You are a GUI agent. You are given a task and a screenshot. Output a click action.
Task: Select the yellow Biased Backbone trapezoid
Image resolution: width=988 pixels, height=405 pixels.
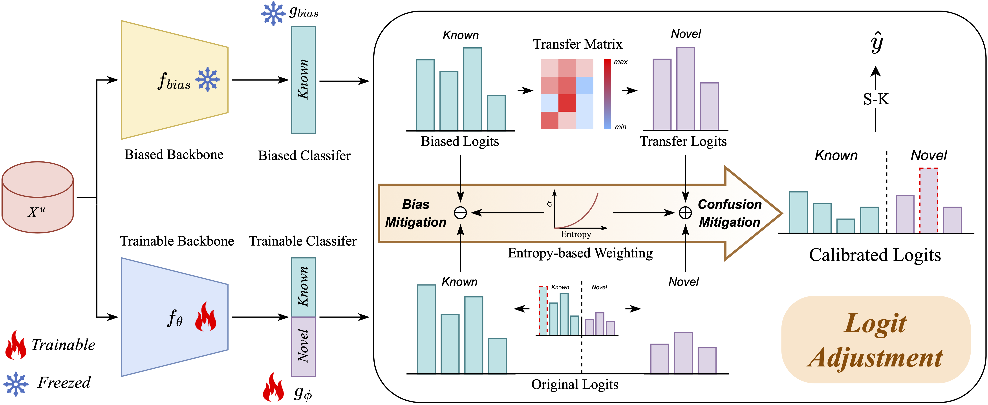pos(174,80)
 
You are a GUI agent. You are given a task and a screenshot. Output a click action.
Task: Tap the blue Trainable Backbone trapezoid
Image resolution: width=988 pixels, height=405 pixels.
pos(174,317)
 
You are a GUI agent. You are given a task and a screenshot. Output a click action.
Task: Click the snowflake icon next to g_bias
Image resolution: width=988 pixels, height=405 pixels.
pos(273,13)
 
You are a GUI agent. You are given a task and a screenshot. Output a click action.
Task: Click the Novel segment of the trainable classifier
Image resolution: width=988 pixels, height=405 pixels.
pos(303,346)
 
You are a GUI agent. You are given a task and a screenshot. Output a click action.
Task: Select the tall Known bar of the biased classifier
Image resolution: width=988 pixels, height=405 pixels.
pos(303,80)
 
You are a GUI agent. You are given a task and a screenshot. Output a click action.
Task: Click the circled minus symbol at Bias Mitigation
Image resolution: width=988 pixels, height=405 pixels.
pos(460,213)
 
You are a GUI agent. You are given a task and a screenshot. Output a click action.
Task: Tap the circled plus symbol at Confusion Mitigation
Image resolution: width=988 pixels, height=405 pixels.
pos(685,213)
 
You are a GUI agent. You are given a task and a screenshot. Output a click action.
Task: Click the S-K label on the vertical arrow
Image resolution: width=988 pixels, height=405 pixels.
pos(876,99)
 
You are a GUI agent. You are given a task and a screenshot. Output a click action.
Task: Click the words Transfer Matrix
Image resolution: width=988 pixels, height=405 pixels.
pos(578,44)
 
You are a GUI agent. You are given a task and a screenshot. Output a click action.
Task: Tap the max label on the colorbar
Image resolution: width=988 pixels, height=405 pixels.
pos(620,62)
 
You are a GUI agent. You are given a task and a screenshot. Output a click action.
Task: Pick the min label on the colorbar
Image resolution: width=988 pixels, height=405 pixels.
pos(620,127)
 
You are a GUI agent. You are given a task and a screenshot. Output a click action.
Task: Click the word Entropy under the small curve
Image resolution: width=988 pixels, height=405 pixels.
pos(576,234)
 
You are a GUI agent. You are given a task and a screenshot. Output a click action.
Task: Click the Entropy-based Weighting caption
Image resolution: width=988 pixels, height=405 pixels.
pos(580,253)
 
